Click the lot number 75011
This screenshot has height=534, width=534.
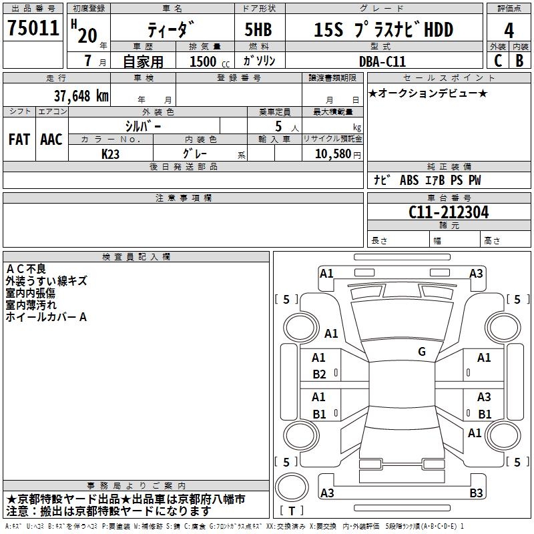tap(33, 28)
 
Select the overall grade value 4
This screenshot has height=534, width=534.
tap(509, 31)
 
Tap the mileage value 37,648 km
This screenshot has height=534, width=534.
tap(81, 96)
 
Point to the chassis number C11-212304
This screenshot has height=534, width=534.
tap(449, 212)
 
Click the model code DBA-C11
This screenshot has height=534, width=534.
tap(382, 61)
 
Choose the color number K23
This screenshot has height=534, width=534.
tap(110, 154)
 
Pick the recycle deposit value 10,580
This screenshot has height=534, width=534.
tap(332, 154)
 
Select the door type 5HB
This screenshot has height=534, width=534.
tap(258, 29)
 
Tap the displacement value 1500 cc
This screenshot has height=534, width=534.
tap(210, 61)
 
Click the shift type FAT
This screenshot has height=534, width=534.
tap(19, 140)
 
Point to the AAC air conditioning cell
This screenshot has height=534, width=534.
tap(51, 140)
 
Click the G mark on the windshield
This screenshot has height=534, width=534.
tap(422, 351)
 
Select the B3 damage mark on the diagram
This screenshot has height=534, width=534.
tap(476, 493)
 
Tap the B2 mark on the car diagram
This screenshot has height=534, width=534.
tap(320, 374)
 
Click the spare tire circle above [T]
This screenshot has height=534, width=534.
tap(292, 487)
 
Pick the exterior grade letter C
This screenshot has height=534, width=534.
tap(498, 61)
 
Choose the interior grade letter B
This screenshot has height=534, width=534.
tap(519, 61)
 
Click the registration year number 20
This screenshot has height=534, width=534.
tap(87, 35)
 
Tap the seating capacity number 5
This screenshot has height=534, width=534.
tap(278, 126)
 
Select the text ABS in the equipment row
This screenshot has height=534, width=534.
tap(409, 180)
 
